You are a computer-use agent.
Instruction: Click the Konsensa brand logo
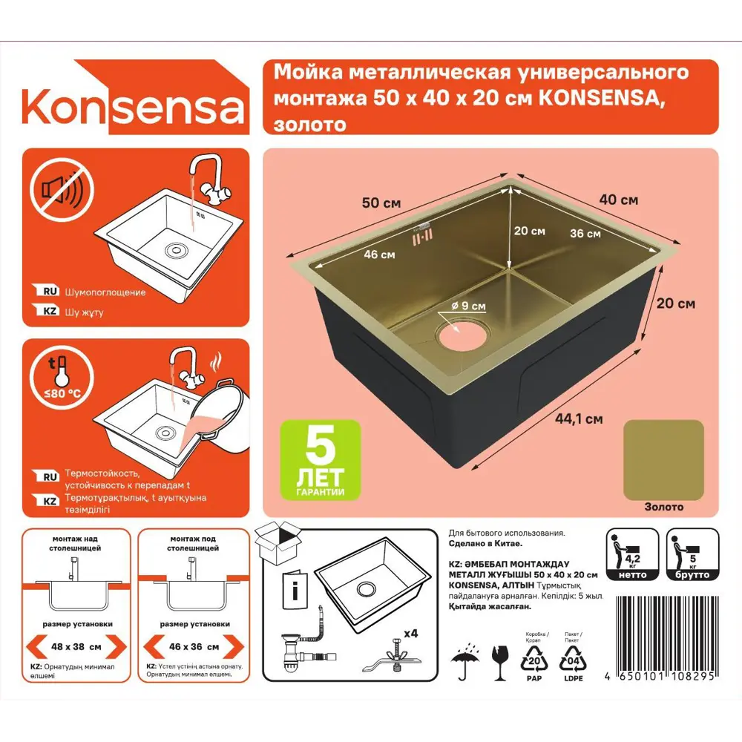134,108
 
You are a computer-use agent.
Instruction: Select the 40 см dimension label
618,200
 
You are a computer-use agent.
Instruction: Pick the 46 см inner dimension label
379,255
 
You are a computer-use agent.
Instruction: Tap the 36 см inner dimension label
585,234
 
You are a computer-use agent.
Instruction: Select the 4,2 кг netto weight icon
632,554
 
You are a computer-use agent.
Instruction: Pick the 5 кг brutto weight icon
692,554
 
